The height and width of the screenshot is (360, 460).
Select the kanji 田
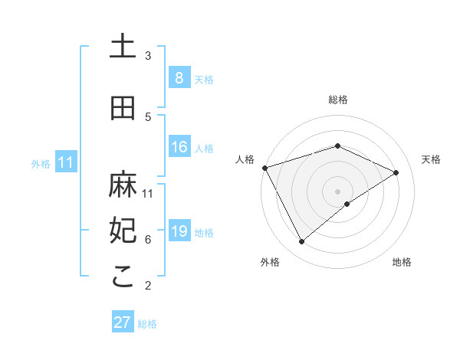point(123,108)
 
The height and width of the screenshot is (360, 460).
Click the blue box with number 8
point(179,78)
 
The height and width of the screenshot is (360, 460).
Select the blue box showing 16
point(179,147)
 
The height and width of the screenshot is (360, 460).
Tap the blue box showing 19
point(179,231)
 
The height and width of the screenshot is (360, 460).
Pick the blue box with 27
point(123,322)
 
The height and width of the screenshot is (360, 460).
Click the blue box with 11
point(65,162)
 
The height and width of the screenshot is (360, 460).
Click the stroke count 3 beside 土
point(148,56)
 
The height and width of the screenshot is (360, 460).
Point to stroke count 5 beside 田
point(148,117)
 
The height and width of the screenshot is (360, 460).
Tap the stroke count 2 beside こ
point(148,286)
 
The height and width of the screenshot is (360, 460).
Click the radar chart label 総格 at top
point(338,100)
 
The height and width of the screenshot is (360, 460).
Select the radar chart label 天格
point(432,159)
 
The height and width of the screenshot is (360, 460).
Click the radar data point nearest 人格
point(264,167)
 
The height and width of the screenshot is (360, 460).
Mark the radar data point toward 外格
point(301,242)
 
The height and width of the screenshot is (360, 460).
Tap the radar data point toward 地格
point(347,204)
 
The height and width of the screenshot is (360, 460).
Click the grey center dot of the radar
point(337,191)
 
